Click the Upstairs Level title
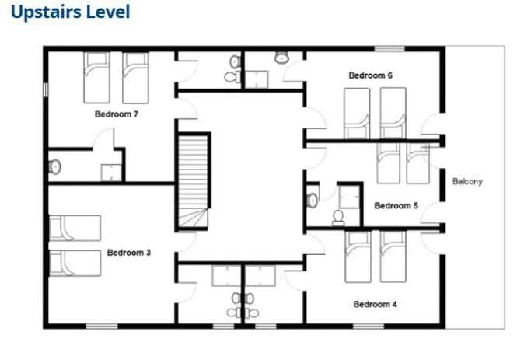(x=71, y=12)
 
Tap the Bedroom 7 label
(x=117, y=114)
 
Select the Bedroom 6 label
(x=371, y=75)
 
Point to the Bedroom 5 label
(x=396, y=206)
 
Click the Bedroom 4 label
(x=376, y=304)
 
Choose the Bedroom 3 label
(x=129, y=253)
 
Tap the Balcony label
(x=467, y=182)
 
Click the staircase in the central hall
(x=194, y=180)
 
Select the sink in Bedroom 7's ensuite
(x=54, y=167)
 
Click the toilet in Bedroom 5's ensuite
(x=338, y=218)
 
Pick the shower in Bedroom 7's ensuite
(x=111, y=173)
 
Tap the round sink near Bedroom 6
(x=281, y=58)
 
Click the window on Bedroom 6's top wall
(x=389, y=49)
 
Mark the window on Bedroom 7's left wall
(x=46, y=89)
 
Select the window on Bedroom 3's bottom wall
(x=102, y=327)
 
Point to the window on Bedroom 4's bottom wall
(x=369, y=327)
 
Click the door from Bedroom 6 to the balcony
(x=431, y=124)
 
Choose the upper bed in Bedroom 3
(x=75, y=228)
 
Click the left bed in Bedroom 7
(x=96, y=78)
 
